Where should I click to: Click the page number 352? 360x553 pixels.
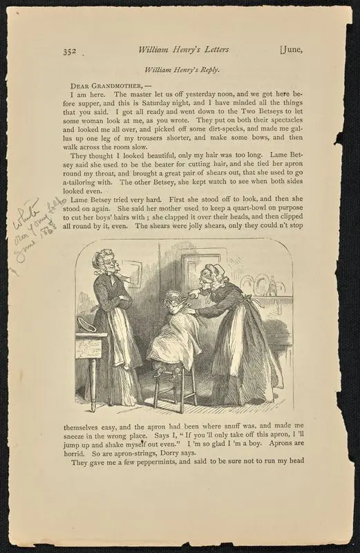click(68, 50)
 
